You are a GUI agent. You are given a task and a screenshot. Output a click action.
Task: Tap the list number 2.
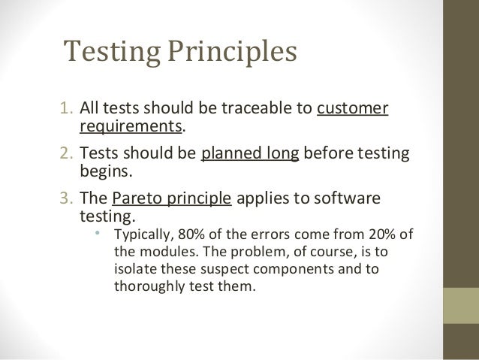tap(65, 156)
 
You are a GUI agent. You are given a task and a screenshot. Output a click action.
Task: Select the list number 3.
tap(65, 201)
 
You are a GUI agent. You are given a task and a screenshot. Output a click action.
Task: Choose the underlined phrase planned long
tap(251, 156)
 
